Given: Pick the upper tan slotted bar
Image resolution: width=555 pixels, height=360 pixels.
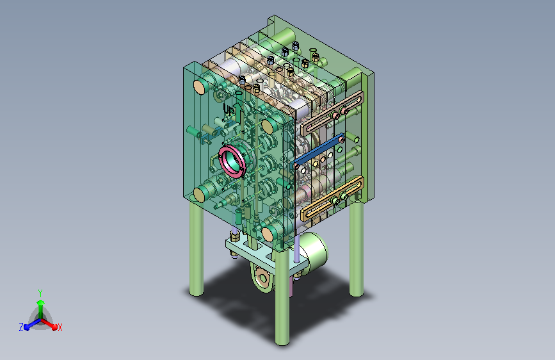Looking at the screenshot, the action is coord(332,112).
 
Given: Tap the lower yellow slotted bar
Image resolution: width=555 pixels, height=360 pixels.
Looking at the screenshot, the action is coord(332,199).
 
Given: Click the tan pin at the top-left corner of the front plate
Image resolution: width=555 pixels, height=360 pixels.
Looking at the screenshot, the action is coord(200,87).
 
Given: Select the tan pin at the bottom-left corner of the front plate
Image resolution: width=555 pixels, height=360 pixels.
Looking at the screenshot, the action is coord(200,195).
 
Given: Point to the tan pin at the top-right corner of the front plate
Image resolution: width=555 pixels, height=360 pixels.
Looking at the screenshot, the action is coord(267,126).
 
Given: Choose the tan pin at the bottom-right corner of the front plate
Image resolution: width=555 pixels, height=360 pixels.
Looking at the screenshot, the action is coord(268,234).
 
